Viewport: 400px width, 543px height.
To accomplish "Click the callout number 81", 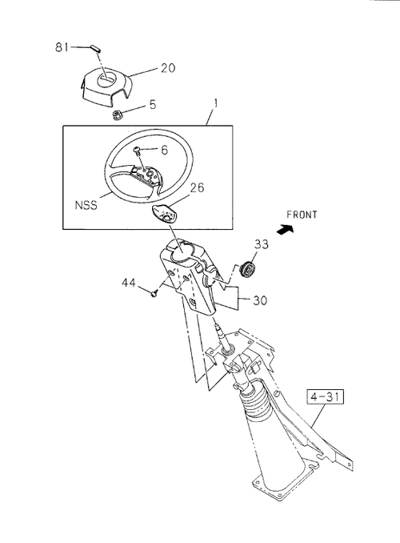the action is (62, 46).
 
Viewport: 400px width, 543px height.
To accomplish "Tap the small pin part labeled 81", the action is (95, 48).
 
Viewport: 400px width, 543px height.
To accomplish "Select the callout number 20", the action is (168, 68).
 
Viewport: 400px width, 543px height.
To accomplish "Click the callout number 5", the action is (153, 105).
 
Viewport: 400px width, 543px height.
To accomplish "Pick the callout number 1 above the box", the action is (215, 103).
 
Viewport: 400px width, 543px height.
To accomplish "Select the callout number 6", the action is (164, 150).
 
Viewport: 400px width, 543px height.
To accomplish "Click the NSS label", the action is (86, 205).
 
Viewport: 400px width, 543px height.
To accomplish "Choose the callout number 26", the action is (198, 187).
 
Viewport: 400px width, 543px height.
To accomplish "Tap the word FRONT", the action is (302, 215).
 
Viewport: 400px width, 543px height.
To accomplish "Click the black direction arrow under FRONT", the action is (286, 228).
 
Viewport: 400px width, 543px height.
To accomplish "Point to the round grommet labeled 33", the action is (249, 269).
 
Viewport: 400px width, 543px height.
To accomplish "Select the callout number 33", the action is (262, 244).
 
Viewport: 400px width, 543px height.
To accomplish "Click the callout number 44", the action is (128, 283).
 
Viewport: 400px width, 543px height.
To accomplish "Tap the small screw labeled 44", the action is (154, 294).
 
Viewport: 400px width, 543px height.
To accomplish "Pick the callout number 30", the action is (260, 300).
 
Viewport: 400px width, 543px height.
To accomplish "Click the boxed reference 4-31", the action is (326, 397).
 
